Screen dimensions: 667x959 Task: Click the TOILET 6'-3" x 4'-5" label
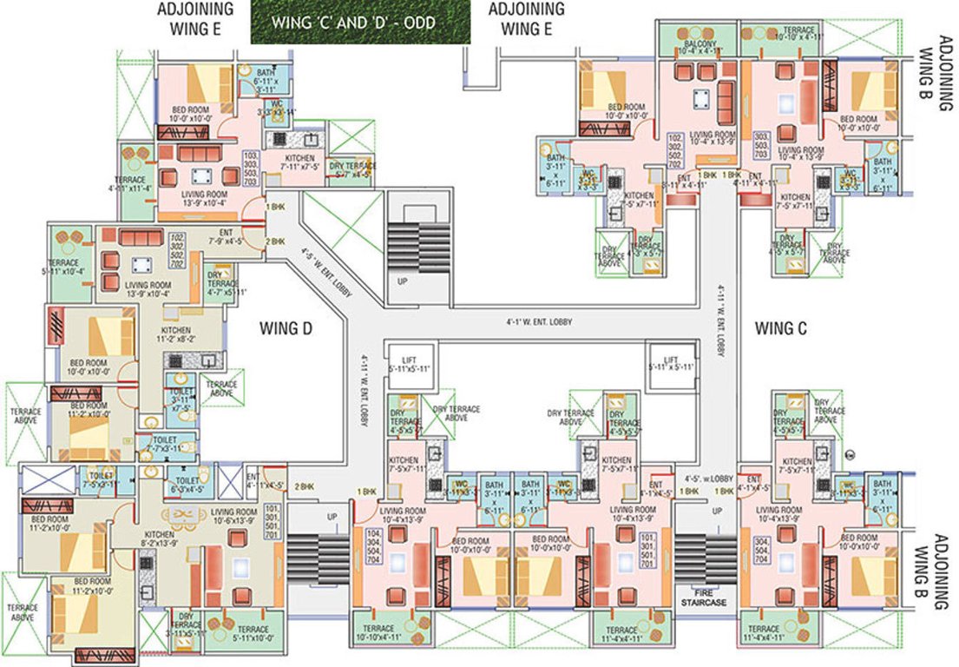click(x=186, y=484)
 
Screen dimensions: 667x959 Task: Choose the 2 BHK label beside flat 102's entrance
click(x=275, y=241)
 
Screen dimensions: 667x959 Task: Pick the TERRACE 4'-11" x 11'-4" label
click(x=130, y=182)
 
